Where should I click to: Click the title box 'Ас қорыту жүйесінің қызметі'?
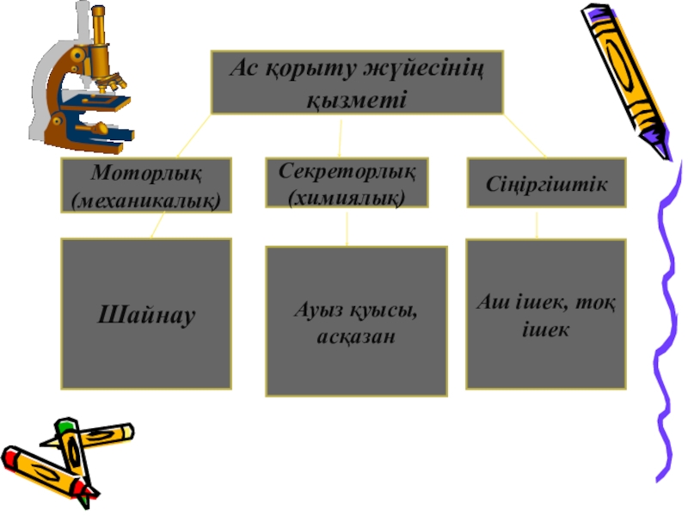pyautogui.click(x=356, y=82)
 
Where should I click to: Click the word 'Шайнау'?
pyautogui.click(x=145, y=315)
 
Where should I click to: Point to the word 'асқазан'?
pyautogui.click(x=356, y=336)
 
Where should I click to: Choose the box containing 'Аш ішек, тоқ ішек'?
pyautogui.click(x=545, y=314)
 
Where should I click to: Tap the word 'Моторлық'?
pyautogui.click(x=145, y=173)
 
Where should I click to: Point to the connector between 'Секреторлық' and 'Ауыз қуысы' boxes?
pyautogui.click(x=347, y=228)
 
